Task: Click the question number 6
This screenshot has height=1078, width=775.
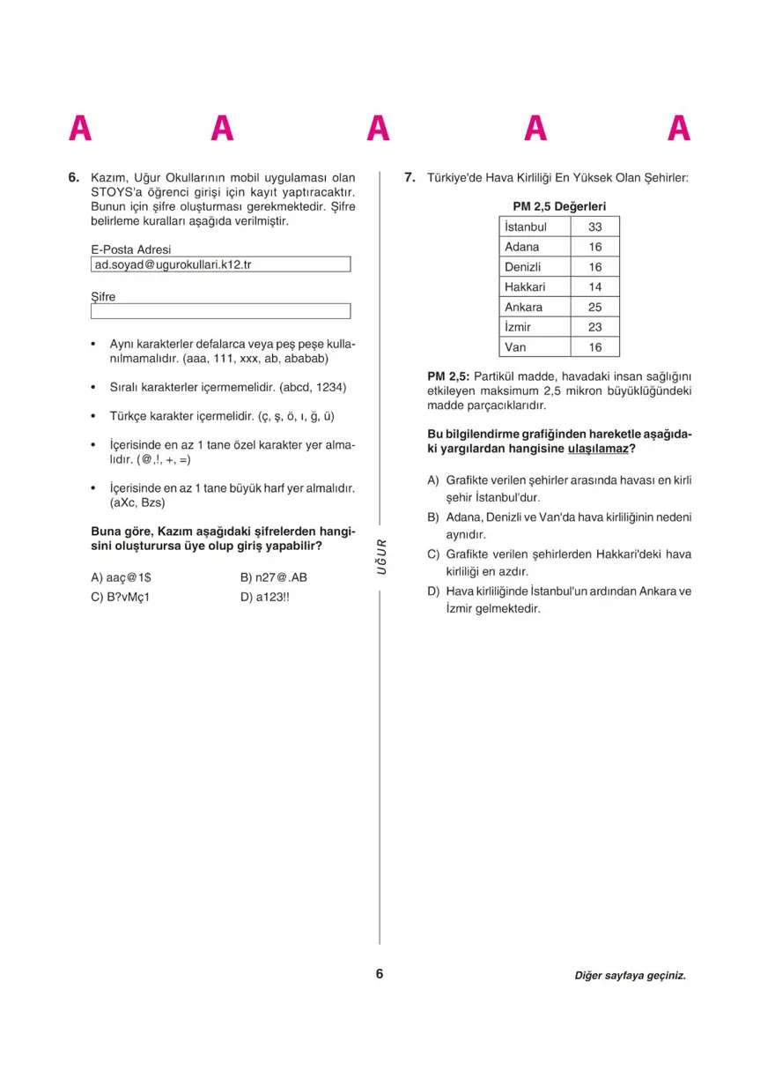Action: click(74, 177)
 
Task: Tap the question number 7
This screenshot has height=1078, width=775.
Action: click(410, 177)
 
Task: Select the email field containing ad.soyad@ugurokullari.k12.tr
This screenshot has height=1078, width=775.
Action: click(220, 264)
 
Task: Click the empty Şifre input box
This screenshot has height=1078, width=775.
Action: click(220, 311)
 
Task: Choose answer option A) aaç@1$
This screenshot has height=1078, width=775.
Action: click(122, 577)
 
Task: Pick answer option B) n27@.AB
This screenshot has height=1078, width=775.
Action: click(273, 577)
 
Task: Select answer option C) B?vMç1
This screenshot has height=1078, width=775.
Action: click(121, 596)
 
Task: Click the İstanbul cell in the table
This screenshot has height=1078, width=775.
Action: click(526, 227)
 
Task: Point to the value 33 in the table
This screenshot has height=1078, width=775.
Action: click(595, 227)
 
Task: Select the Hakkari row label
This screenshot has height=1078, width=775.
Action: click(525, 286)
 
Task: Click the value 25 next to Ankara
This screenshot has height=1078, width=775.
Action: click(595, 307)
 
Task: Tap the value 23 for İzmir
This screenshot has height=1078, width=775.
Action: click(595, 327)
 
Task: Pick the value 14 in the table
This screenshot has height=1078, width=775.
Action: click(595, 286)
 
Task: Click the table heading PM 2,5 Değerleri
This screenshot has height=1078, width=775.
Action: click(559, 206)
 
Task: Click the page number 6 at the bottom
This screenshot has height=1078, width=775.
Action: click(380, 974)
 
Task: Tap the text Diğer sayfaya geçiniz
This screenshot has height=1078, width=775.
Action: click(630, 976)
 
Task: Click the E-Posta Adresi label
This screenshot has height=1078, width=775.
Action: click(131, 249)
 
